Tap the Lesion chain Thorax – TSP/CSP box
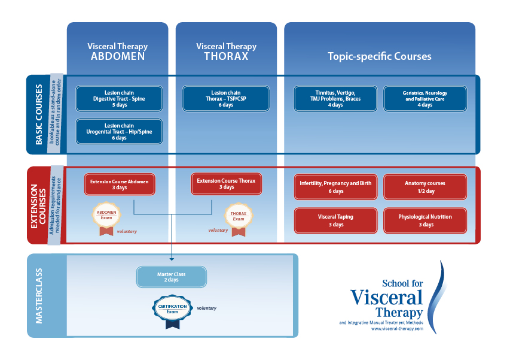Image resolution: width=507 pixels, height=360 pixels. (x=226, y=99)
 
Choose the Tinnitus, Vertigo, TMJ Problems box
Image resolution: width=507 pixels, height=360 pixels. (x=335, y=99)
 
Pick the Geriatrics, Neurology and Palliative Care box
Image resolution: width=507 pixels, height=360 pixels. (x=424, y=99)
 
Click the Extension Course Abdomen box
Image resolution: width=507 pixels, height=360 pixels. (x=120, y=184)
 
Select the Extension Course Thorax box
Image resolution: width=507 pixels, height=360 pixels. (x=226, y=183)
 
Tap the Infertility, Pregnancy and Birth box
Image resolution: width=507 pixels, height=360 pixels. (x=335, y=187)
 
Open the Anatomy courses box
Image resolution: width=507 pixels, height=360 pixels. (x=424, y=187)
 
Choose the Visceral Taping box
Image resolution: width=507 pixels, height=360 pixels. (x=335, y=220)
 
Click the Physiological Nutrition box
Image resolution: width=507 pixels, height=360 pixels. (x=424, y=220)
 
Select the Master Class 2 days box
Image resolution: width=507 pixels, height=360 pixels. (x=172, y=277)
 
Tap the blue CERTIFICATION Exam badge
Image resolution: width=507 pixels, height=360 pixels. (x=173, y=310)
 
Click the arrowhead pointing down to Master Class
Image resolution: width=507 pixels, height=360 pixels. (x=172, y=259)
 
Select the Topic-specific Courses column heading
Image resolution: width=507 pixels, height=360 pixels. (x=379, y=56)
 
